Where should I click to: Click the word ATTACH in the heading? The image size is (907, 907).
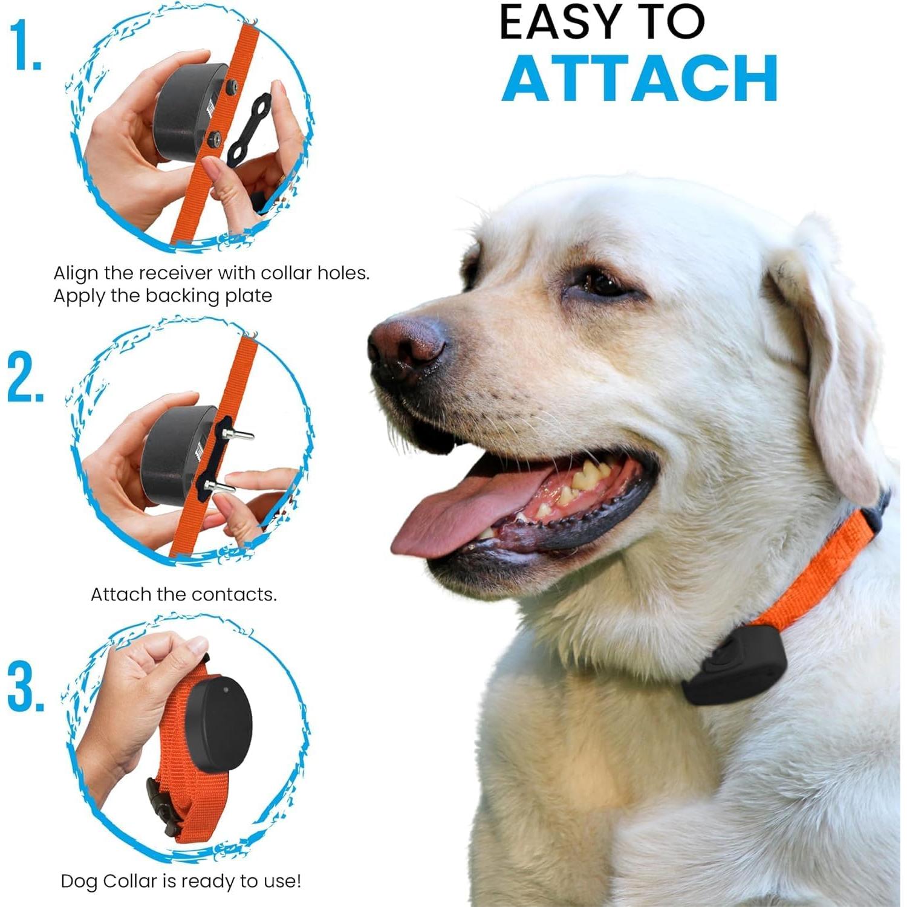tap(640, 79)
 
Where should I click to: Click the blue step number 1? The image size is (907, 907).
tap(25, 45)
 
